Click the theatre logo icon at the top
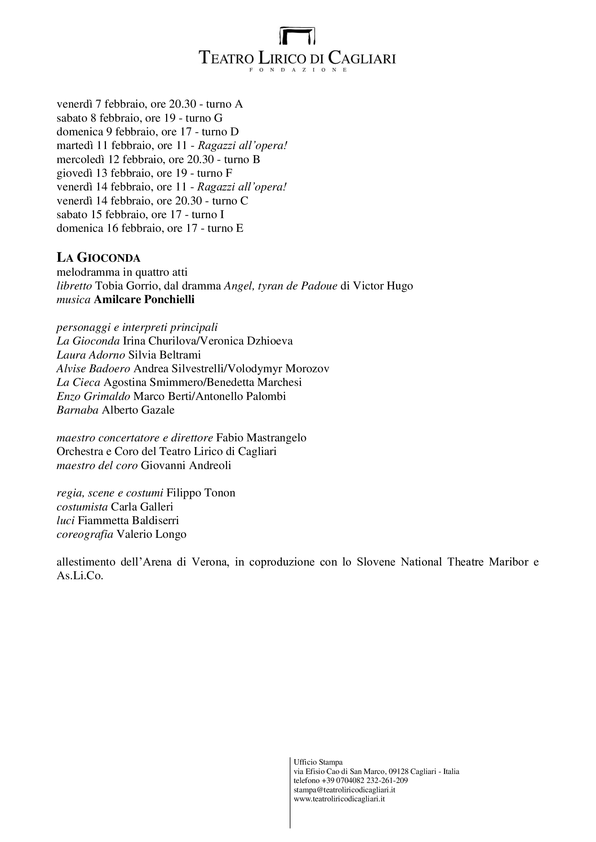tap(298, 35)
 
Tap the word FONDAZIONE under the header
tap(298, 70)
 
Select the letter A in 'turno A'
tap(239, 104)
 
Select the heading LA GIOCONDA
tap(98, 258)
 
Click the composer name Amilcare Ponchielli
tap(144, 300)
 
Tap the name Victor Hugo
tap(383, 286)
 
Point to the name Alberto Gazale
tap(138, 410)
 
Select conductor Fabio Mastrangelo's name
tap(261, 438)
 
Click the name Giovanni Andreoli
tap(186, 466)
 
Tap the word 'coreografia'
tap(85, 534)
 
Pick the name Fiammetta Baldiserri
tap(128, 521)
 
